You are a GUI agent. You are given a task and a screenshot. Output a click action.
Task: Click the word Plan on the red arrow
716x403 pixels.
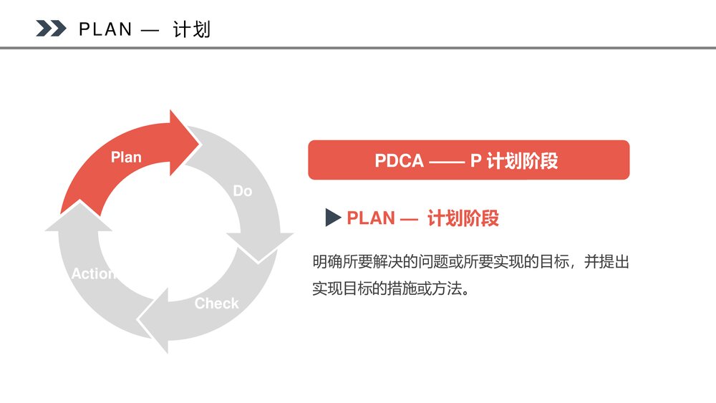[x=126, y=157]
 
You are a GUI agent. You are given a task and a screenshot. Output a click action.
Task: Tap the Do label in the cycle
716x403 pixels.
[x=243, y=191]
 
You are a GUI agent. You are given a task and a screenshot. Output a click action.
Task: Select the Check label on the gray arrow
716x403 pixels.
[x=216, y=304]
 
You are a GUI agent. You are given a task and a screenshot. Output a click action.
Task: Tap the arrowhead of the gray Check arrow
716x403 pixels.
[x=154, y=321]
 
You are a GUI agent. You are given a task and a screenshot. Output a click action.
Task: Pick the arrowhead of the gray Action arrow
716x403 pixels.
[x=77, y=218]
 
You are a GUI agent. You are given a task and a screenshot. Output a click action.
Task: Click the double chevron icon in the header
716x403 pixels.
[x=51, y=29]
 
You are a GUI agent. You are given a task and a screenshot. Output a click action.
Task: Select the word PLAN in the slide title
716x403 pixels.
[x=106, y=29]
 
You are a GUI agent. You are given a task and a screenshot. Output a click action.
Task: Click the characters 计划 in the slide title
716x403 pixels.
[x=192, y=29]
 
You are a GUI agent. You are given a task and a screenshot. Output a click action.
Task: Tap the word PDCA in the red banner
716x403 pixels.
[x=400, y=160]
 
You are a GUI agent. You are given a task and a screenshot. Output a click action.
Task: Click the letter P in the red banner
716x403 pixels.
[x=475, y=160]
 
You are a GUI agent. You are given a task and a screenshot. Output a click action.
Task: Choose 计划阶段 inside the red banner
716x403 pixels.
[x=522, y=160]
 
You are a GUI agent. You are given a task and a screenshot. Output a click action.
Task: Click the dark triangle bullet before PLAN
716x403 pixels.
[x=332, y=218]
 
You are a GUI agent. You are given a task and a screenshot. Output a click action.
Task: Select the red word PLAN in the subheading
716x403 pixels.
[x=371, y=219]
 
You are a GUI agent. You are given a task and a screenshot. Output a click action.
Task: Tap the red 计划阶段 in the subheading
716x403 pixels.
[x=463, y=219]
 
